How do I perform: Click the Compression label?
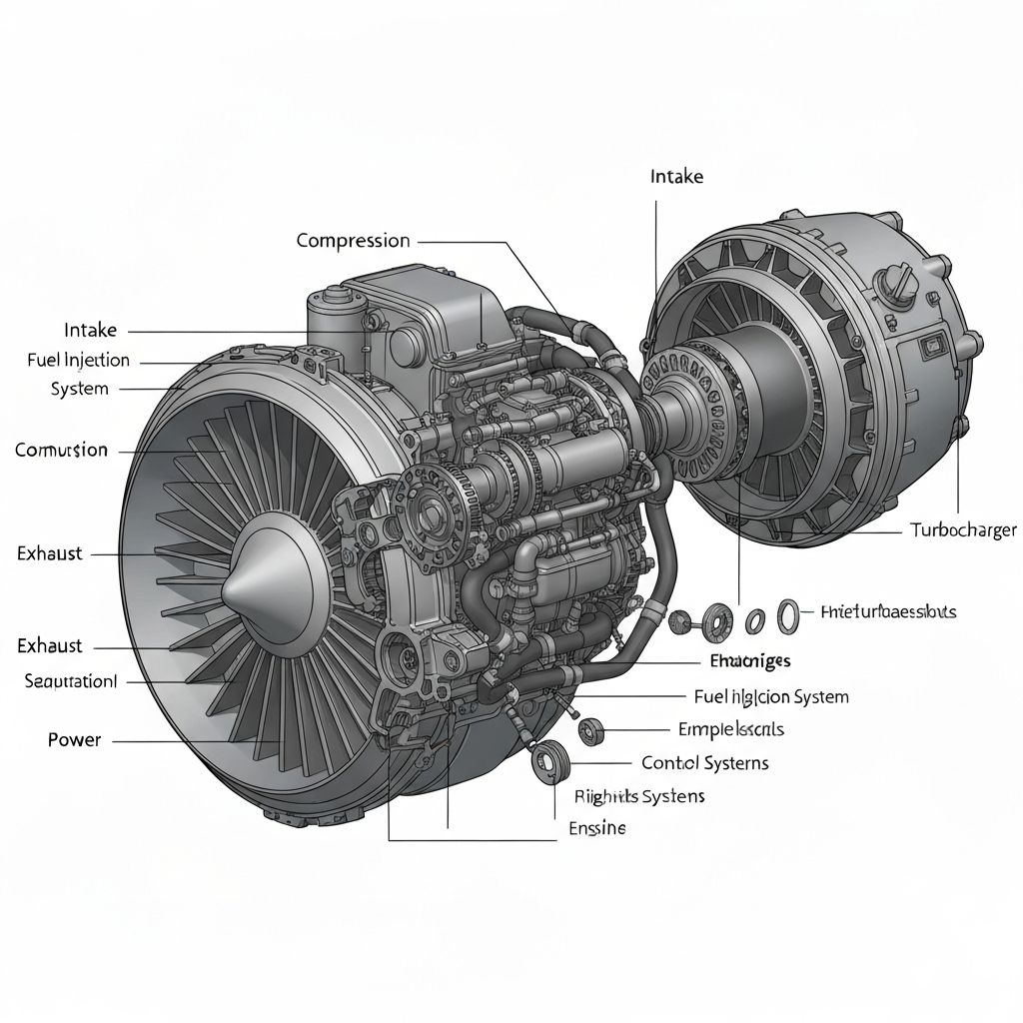[353, 241]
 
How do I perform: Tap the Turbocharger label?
[963, 530]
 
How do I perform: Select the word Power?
[74, 740]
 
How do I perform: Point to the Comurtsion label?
[61, 451]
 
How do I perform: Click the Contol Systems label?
[704, 763]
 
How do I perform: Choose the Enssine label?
[596, 828]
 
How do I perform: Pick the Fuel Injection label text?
[78, 360]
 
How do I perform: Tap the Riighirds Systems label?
[639, 796]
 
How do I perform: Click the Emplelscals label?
[730, 729]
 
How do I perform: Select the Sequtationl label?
[70, 681]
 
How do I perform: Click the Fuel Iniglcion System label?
[770, 696]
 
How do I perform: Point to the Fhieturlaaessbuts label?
[887, 611]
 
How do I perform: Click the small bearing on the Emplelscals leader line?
[591, 732]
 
